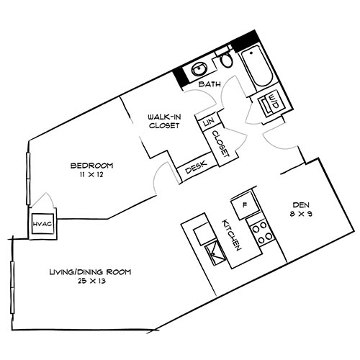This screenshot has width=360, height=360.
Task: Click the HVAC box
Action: tap(40, 225)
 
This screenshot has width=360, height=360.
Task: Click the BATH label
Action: tap(209, 85)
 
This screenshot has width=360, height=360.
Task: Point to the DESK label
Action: tap(192, 169)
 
